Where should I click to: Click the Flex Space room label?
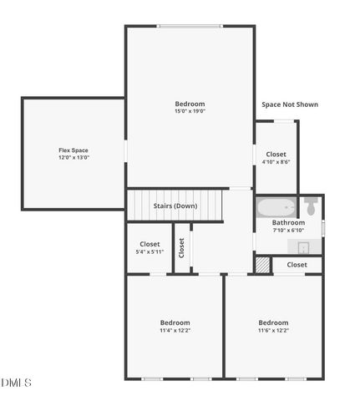(x=74, y=150)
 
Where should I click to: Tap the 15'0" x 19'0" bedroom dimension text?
(x=190, y=111)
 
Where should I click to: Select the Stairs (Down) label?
(x=175, y=206)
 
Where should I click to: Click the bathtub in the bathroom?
(x=276, y=206)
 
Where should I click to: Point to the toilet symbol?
(x=311, y=206)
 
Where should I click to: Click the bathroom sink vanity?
(x=302, y=246)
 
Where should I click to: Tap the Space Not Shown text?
(x=290, y=104)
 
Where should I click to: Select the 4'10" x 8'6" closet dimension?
(x=276, y=162)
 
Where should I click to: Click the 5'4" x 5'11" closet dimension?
(x=150, y=251)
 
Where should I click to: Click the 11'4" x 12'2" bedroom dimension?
(x=175, y=330)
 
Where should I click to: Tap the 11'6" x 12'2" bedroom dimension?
(x=273, y=330)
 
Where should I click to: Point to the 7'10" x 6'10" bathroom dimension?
(x=288, y=231)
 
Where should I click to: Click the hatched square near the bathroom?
(x=262, y=264)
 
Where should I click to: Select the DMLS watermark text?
(x=16, y=383)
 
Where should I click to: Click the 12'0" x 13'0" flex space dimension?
(x=74, y=157)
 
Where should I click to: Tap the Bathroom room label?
(x=288, y=223)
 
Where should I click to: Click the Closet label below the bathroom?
(x=297, y=265)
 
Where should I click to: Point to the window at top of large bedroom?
(x=190, y=26)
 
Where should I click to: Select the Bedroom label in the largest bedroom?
(x=190, y=104)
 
